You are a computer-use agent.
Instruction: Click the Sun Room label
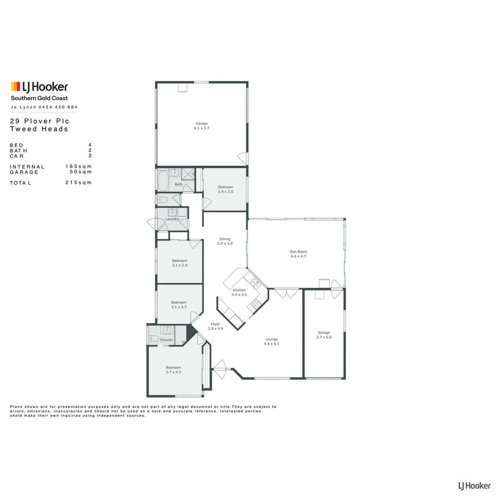(x=298, y=253)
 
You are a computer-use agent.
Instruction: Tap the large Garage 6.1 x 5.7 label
(x=202, y=126)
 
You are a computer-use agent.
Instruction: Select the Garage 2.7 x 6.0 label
(x=324, y=334)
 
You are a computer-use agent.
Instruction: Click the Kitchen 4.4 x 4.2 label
(x=239, y=292)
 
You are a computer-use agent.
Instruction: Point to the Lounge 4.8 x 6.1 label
(x=271, y=341)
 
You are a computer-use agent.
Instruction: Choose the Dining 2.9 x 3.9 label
(x=225, y=241)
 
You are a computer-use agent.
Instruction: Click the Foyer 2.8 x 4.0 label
(x=215, y=326)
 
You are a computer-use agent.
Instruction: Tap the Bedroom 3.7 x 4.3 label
(x=173, y=370)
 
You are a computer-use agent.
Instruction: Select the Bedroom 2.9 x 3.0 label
(x=225, y=189)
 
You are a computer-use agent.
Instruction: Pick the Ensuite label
(x=166, y=340)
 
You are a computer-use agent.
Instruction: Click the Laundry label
(x=172, y=219)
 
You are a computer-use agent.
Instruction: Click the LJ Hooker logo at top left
(x=39, y=87)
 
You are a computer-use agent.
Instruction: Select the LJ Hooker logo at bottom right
(x=474, y=486)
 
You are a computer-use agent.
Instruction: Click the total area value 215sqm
(x=78, y=183)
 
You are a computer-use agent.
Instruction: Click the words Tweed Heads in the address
(x=39, y=129)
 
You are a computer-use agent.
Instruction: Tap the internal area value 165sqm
(x=78, y=167)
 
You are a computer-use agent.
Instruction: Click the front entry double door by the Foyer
(x=220, y=369)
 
